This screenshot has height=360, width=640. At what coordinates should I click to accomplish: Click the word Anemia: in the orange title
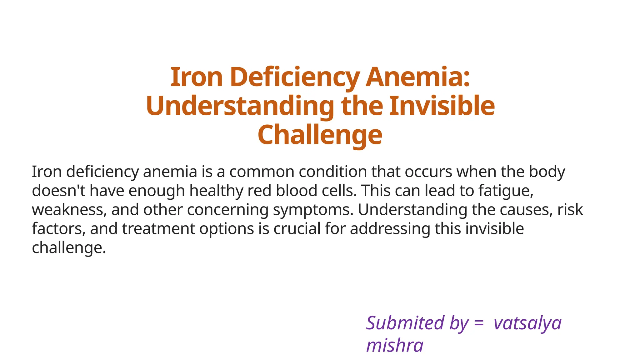point(417,77)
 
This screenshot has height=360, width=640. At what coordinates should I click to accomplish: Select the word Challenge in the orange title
point(320,135)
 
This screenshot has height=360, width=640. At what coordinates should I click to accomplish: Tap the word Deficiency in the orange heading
point(295,77)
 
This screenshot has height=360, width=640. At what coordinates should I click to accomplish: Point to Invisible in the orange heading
point(442,106)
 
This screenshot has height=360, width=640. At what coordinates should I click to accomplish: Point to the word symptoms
point(313,210)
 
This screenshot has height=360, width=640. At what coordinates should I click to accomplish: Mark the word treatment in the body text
point(158,229)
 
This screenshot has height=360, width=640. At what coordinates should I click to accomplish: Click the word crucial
point(297,229)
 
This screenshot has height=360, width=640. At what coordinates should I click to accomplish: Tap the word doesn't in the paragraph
point(58,191)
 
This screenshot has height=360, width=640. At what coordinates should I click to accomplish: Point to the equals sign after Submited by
point(479,324)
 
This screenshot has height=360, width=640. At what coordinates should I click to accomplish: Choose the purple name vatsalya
point(527,324)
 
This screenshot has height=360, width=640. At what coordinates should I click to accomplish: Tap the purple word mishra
point(395,346)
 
